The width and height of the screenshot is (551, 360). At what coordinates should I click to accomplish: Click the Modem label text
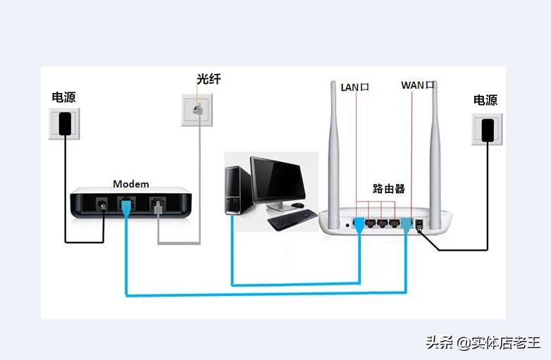(x=131, y=184)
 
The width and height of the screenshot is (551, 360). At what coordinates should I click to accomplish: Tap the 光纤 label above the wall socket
(x=209, y=79)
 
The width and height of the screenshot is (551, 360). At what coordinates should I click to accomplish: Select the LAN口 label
(x=355, y=87)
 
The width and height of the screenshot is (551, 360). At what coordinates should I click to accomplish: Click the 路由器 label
(x=389, y=189)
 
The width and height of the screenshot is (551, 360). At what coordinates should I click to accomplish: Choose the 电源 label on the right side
(x=485, y=100)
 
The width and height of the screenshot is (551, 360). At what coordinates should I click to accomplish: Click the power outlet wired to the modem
(x=64, y=124)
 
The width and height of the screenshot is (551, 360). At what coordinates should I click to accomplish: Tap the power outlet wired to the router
(x=486, y=130)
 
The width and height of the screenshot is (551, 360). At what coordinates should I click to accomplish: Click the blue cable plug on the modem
(x=126, y=208)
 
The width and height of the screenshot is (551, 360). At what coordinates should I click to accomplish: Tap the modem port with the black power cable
(x=103, y=206)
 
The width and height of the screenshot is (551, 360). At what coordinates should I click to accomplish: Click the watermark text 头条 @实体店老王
(x=483, y=342)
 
